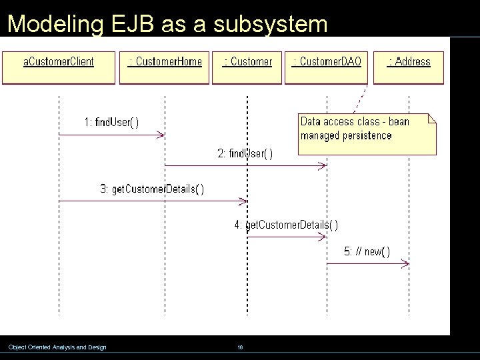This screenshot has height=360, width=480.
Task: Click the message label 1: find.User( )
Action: click(x=111, y=122)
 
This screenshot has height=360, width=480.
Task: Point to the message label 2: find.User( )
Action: click(x=245, y=154)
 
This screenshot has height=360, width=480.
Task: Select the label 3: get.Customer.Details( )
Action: click(x=152, y=189)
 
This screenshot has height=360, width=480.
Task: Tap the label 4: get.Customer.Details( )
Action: click(x=285, y=225)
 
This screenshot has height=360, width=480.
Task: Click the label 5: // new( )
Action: click(x=367, y=251)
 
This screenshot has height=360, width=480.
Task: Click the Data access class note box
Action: click(x=366, y=134)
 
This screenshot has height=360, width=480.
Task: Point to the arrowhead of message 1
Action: click(x=161, y=135)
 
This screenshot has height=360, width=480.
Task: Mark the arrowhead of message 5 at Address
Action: click(x=405, y=264)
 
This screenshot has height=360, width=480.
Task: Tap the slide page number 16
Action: click(x=240, y=347)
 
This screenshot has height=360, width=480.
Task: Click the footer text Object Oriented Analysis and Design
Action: click(x=57, y=347)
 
